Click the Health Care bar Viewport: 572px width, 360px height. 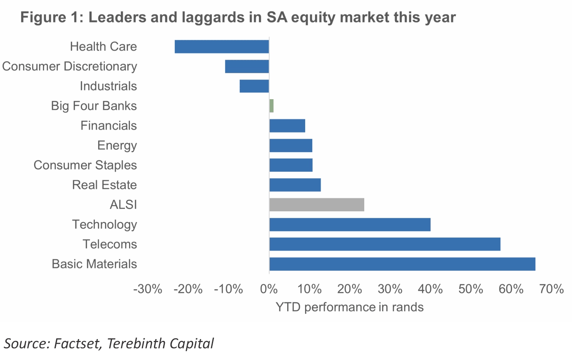click(x=221, y=47)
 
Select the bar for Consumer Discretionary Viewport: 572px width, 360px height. click(x=247, y=67)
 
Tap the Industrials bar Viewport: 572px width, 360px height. click(x=254, y=86)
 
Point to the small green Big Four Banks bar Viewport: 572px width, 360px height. click(x=271, y=106)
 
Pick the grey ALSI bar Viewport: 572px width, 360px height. click(x=317, y=205)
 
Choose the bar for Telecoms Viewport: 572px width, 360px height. click(x=385, y=244)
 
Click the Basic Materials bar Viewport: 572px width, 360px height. click(x=402, y=264)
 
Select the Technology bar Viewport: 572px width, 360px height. click(x=350, y=225)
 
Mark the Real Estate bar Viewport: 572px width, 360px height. click(x=295, y=185)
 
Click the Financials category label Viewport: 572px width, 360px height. click(x=109, y=125)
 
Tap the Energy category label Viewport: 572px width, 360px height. click(x=117, y=145)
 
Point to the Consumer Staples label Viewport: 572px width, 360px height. click(x=85, y=165)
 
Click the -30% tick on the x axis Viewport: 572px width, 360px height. click(x=147, y=289)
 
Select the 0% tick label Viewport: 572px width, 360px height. click(x=269, y=289)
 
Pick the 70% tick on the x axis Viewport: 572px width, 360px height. click(x=551, y=289)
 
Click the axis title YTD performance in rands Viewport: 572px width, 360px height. click(x=349, y=307)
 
